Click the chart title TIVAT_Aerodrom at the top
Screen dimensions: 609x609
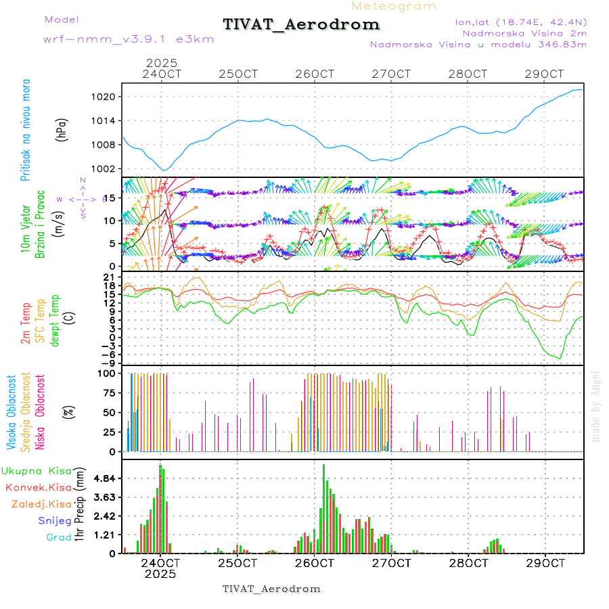tap(301, 25)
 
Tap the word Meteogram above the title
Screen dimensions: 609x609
tap(394, 6)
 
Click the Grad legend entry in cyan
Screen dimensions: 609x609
tap(58, 537)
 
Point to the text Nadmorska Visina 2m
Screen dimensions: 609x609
tap(524, 32)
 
